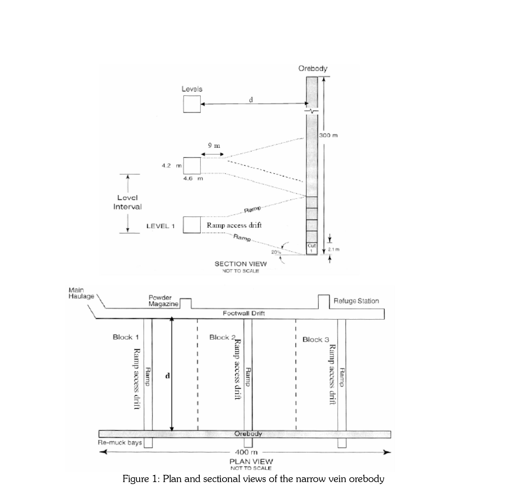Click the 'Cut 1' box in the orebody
coord(312,248)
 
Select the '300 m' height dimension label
coord(328,135)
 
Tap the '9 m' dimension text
coord(214,145)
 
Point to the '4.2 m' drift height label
coord(172,165)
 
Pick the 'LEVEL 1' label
coord(161,226)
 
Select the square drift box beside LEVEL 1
coord(192,225)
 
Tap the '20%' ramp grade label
coord(276,252)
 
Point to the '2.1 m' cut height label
coord(334,249)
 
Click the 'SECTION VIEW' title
coord(241,264)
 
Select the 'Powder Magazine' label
coord(163,301)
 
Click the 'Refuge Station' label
coord(356,301)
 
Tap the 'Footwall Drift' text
coord(244,313)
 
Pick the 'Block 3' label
coord(316,340)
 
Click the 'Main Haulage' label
coord(81,293)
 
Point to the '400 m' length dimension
coord(246,452)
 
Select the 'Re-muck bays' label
coord(120,443)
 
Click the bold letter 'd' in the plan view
coord(168,376)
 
